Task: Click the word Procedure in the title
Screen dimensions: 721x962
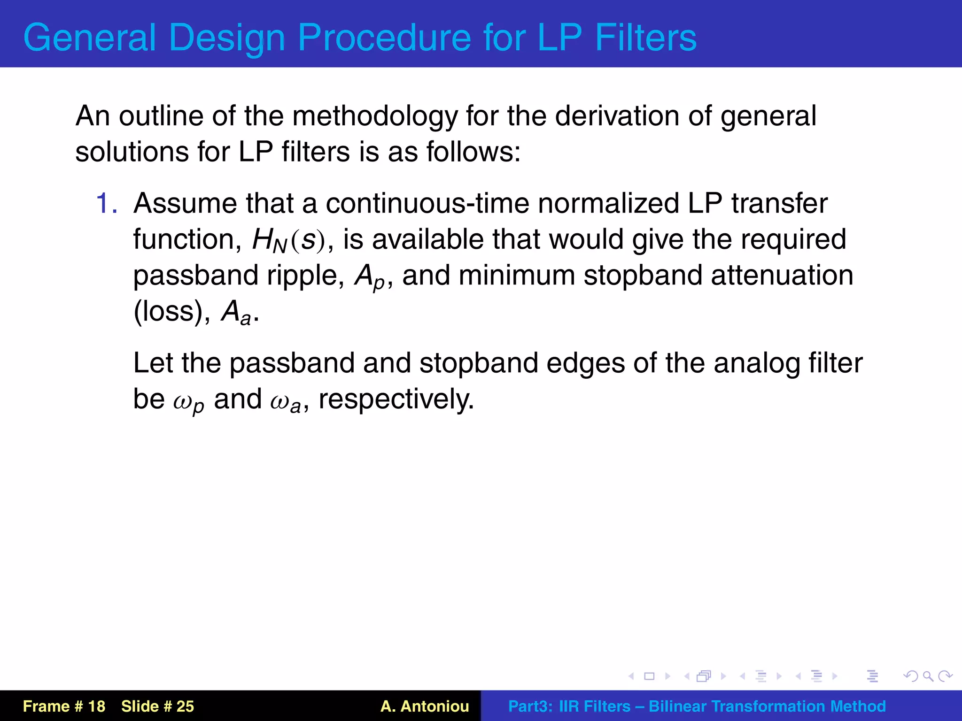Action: [384, 38]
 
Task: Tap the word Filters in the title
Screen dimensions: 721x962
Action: [646, 38]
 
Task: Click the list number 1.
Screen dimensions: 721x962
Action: [106, 204]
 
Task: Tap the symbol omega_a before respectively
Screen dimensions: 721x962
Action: [286, 401]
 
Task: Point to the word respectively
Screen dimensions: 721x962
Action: [396, 400]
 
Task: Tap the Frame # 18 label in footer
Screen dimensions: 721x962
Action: [64, 706]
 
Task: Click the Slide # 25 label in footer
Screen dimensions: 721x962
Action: [157, 706]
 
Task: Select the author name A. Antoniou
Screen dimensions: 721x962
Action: [425, 706]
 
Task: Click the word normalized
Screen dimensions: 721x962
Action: [609, 204]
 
